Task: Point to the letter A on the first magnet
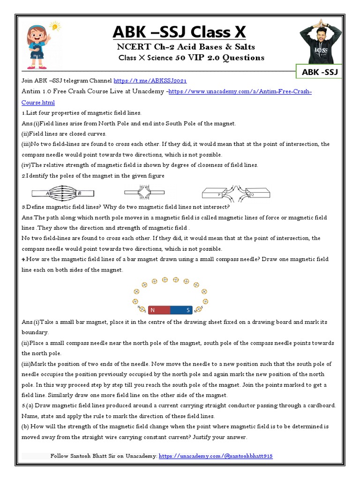[48, 193]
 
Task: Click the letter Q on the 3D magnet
[252, 193]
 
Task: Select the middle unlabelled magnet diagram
[144, 192]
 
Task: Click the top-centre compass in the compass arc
[165, 280]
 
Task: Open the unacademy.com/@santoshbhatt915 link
[216, 456]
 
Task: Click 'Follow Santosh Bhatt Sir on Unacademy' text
[103, 456]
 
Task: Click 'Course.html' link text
[38, 102]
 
